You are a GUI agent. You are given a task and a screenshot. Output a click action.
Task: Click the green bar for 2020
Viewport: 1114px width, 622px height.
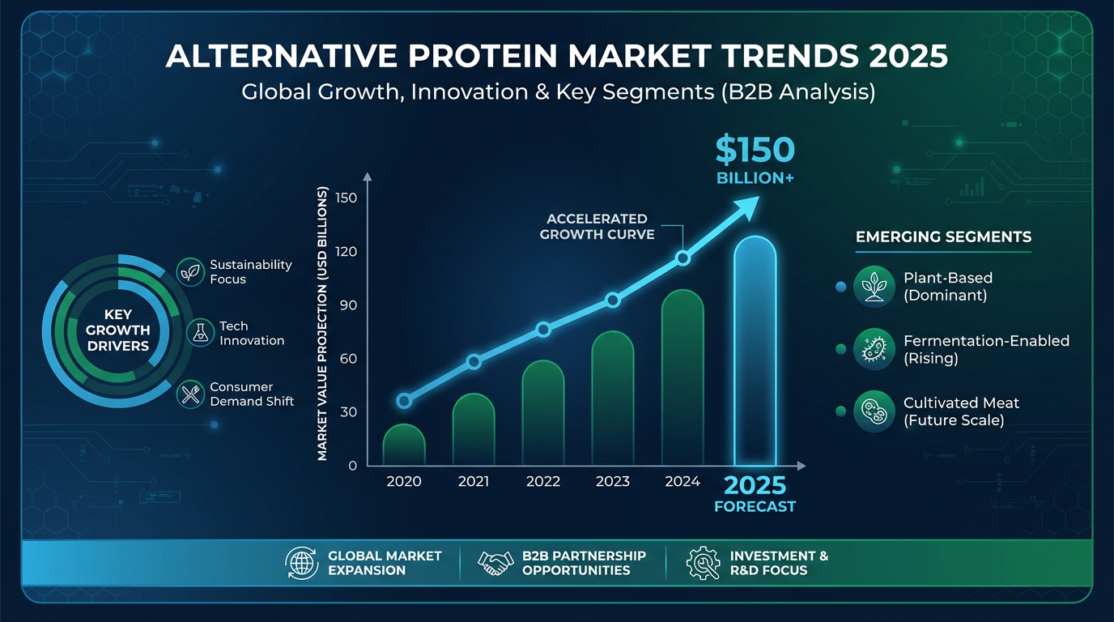point(404,445)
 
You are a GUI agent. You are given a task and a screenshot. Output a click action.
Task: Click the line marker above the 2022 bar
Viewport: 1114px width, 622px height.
point(543,330)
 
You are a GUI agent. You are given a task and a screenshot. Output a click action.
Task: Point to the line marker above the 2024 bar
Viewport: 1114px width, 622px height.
point(682,258)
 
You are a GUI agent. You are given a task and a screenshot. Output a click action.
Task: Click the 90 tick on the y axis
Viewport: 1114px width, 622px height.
point(347,305)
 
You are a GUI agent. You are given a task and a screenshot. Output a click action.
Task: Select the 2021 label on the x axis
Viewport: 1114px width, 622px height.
point(474,482)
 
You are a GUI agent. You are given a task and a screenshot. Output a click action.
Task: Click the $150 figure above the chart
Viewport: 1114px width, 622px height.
point(755,151)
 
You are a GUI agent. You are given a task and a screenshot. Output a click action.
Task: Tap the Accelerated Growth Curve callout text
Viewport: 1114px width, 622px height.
point(597,227)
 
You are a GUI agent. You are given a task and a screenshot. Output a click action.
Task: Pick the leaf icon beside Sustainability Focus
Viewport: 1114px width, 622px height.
point(191,272)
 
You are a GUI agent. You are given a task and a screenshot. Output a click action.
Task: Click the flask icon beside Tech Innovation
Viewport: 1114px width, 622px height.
point(200,333)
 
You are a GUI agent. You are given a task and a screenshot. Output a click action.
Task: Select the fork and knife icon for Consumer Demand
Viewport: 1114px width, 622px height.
point(191,394)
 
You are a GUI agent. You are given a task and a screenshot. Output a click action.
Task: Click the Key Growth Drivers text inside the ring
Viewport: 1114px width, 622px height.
point(117,330)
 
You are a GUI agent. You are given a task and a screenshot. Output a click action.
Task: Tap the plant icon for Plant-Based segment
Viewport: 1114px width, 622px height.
point(874,287)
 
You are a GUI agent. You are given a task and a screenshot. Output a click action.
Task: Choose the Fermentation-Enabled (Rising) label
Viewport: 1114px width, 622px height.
point(986,349)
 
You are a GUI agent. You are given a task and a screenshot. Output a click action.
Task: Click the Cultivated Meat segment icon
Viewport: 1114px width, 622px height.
point(874,411)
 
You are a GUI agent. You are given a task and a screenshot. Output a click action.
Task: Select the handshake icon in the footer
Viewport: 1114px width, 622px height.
point(496,563)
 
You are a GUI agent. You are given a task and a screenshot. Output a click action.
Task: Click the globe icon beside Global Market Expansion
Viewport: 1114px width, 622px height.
point(301,563)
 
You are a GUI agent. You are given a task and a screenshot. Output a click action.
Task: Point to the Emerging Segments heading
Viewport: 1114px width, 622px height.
point(943,237)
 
